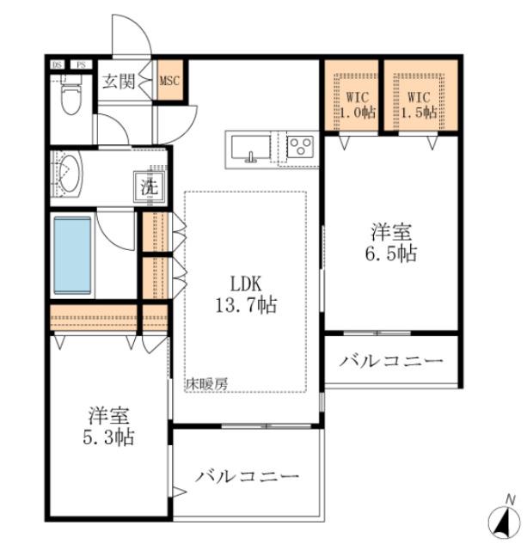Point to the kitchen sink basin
(251, 148)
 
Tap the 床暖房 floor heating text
(207, 385)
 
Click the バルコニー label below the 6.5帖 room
(390, 361)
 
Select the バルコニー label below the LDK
(247, 475)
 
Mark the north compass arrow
(501, 518)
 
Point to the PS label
(81, 64)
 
